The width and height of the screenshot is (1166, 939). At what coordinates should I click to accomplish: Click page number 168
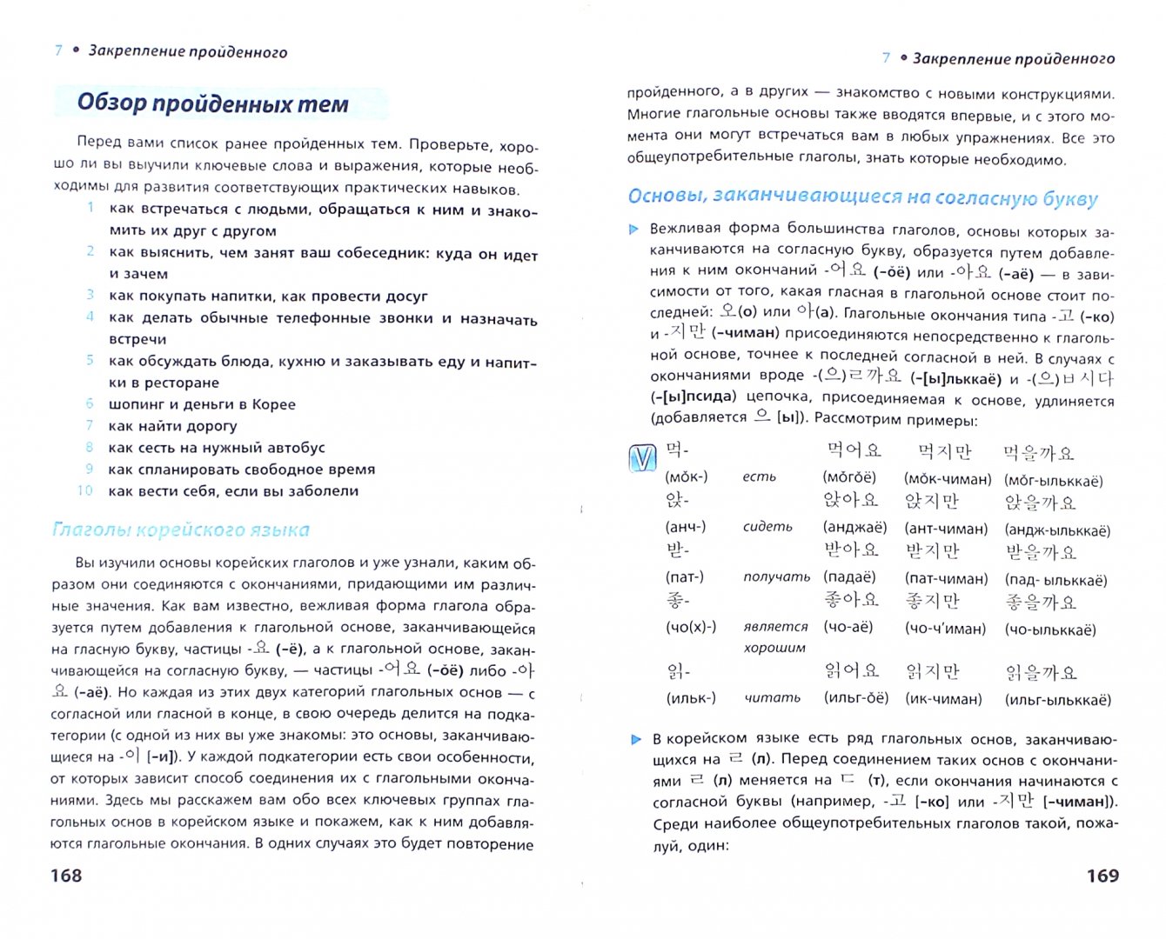(66, 876)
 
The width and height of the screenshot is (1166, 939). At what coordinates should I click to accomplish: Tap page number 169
(1102, 876)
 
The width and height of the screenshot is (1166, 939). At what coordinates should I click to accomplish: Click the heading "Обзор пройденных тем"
(213, 103)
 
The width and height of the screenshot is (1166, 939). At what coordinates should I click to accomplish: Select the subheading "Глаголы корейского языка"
(181, 529)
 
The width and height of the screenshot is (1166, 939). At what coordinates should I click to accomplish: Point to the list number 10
(84, 490)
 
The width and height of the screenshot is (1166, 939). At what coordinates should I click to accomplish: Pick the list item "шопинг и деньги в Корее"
(202, 404)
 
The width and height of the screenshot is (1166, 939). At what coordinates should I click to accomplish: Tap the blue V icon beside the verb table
(642, 458)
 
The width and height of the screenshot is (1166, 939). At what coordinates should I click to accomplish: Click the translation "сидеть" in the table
(767, 527)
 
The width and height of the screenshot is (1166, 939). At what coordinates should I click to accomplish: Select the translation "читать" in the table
(772, 697)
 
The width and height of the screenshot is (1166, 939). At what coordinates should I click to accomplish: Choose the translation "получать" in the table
(776, 576)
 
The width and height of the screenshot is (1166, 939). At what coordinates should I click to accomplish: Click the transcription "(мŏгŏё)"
(849, 477)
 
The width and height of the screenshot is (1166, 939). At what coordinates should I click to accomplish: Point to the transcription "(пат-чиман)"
(946, 578)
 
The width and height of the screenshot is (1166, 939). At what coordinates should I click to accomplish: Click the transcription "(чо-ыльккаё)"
(1050, 629)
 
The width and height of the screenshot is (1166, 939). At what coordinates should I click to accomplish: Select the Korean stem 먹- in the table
(677, 450)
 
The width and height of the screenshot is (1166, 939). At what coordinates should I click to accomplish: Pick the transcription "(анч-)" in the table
(686, 527)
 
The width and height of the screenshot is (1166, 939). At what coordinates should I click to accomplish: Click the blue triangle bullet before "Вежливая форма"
(634, 230)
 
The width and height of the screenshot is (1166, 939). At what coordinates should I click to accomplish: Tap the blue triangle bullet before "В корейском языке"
(636, 739)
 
